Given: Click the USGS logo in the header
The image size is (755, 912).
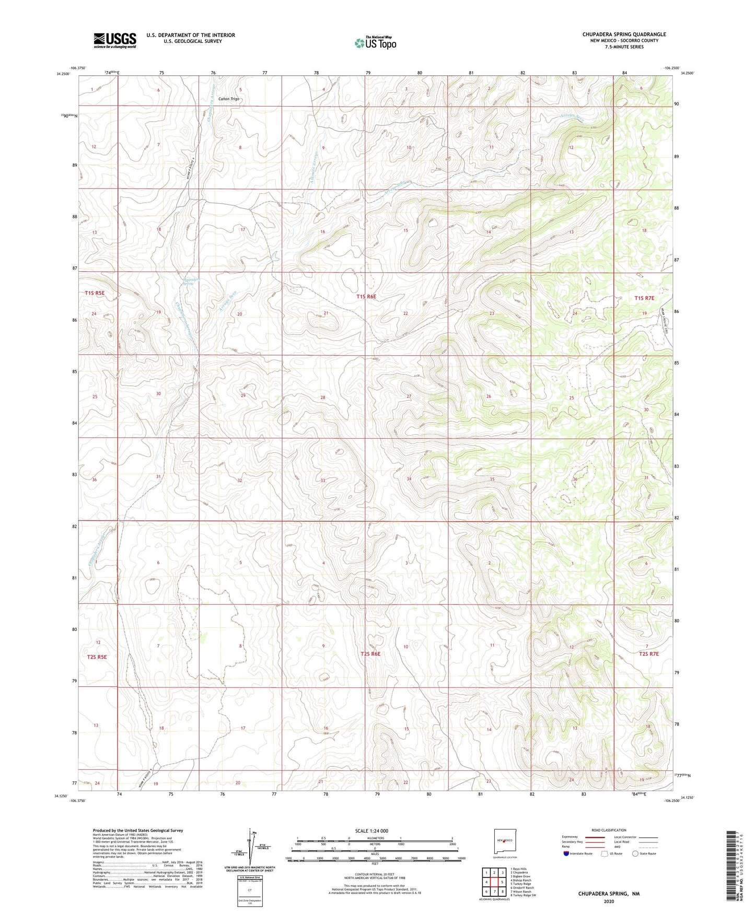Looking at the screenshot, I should pos(115,40).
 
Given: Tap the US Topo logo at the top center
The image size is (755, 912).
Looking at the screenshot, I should pos(375,42).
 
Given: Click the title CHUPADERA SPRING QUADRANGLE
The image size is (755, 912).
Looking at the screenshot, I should pos(624,34).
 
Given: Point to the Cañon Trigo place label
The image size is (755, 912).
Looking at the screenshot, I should pos(228,99).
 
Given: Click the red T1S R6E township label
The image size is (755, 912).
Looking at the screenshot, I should pos(366,296).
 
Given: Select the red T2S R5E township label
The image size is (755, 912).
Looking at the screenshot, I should pos(96,657).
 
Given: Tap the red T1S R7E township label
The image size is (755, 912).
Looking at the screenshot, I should pos(644,298).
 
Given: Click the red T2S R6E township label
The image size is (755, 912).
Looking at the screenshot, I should pos(370,653).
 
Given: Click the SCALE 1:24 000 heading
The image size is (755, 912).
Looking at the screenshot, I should pos(371,831).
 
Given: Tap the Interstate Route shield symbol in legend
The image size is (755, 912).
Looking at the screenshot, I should pos(566,853).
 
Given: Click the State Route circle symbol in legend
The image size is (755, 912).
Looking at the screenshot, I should pos(635,853).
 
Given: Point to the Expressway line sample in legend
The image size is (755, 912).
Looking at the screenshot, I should pos(593,837).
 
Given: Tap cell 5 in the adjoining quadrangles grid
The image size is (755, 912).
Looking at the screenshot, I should pos(494,882).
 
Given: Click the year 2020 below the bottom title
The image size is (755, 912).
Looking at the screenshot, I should pos(609,901).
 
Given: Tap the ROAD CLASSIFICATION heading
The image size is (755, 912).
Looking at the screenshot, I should pos(609,830).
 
